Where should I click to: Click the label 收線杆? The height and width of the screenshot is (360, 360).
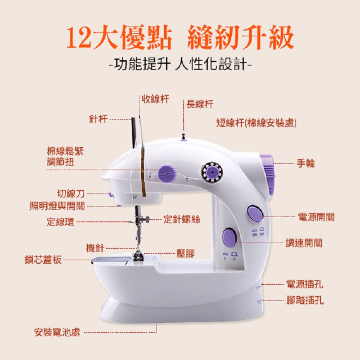[155, 99]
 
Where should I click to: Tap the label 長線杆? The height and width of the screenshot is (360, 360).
[200, 104]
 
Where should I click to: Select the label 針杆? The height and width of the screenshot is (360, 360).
[99, 119]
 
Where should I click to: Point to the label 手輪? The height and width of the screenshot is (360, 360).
[306, 163]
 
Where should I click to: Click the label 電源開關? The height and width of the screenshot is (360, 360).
[316, 217]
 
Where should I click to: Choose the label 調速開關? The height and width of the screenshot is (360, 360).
[304, 243]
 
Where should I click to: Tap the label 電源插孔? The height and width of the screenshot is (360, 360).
[305, 284]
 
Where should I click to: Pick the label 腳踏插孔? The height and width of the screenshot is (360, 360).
[305, 300]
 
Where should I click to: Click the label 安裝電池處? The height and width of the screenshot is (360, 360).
[57, 332]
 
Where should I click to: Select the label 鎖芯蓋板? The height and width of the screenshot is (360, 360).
[43, 260]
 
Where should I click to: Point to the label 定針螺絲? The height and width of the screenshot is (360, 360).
[182, 219]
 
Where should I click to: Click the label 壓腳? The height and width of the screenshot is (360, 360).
[185, 253]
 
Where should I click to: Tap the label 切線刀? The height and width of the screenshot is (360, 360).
[71, 193]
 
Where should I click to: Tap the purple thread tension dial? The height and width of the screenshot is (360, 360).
[167, 173]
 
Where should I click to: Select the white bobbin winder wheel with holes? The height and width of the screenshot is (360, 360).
[212, 172]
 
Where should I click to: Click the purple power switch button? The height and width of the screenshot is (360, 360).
[255, 213]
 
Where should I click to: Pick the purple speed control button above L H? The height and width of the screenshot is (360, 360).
[229, 238]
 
